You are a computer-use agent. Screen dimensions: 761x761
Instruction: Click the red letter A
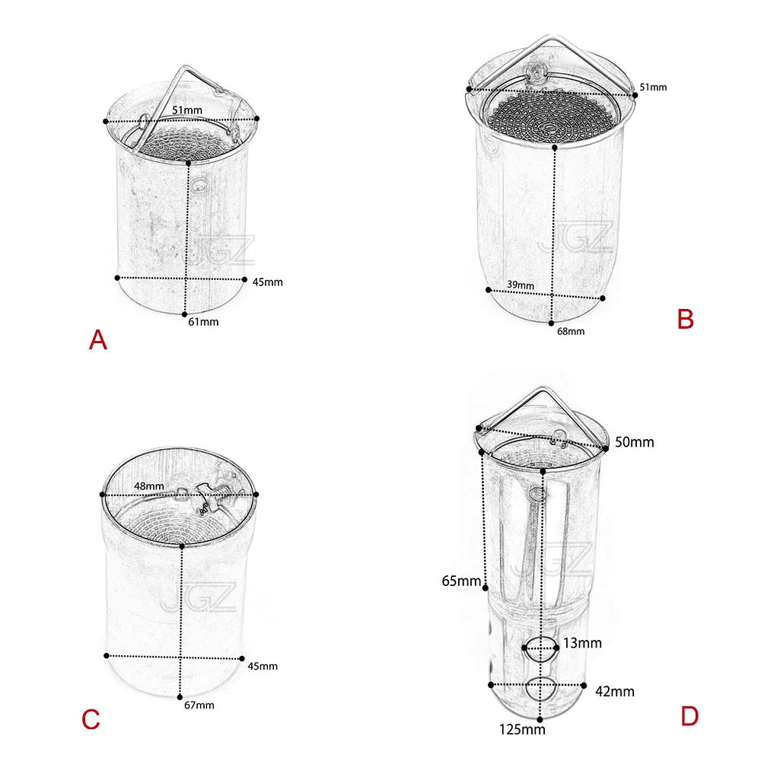click(x=98, y=339)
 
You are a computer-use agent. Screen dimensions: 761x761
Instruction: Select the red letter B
click(x=686, y=320)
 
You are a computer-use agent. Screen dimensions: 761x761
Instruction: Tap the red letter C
click(x=91, y=719)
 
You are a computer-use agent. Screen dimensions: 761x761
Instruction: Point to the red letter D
click(x=689, y=716)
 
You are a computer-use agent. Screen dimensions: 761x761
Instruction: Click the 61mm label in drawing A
click(x=203, y=322)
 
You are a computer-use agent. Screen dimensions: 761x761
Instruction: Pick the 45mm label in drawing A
click(x=267, y=282)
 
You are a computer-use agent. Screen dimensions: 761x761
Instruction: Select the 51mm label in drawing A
click(x=187, y=110)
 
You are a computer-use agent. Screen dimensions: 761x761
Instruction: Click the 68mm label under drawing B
click(x=571, y=332)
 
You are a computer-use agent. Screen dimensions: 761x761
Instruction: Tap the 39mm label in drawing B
click(x=521, y=285)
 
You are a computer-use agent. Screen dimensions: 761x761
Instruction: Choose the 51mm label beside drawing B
click(x=653, y=88)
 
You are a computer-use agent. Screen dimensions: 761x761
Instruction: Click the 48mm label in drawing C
click(x=149, y=486)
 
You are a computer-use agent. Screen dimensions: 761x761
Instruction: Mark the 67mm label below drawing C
click(x=199, y=705)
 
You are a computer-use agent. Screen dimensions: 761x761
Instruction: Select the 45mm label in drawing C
click(x=263, y=666)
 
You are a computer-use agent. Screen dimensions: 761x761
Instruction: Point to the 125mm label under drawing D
click(x=522, y=730)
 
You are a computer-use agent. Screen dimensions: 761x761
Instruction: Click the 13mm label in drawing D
click(x=582, y=643)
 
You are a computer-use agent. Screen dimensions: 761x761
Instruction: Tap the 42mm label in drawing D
click(x=615, y=691)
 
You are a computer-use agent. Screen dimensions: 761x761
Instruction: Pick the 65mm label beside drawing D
click(x=461, y=581)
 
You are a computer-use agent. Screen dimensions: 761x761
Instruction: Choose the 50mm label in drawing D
click(x=635, y=442)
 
